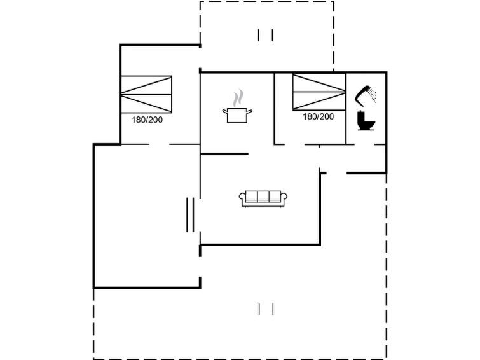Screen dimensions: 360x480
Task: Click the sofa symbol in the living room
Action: click(x=263, y=198)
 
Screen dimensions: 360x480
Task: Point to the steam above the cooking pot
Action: click(x=238, y=98)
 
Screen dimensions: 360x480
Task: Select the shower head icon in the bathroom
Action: click(x=364, y=94)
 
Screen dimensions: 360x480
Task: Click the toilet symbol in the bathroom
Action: click(x=366, y=121)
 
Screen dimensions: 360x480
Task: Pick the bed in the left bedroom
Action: click(x=146, y=94)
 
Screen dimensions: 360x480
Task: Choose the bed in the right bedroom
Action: click(x=319, y=92)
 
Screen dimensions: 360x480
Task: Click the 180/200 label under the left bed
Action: click(x=147, y=120)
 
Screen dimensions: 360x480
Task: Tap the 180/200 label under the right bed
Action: click(x=318, y=116)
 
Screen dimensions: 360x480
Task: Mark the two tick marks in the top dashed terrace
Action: click(x=266, y=35)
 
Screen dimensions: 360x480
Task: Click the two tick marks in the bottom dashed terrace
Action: click(x=266, y=309)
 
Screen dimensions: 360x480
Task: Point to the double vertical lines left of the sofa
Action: click(x=189, y=215)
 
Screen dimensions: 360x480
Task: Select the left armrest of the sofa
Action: click(x=242, y=198)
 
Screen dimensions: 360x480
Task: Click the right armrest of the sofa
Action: click(x=285, y=198)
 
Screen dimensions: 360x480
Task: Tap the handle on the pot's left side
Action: click(x=224, y=112)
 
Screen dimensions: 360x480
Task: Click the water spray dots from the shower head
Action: click(x=373, y=97)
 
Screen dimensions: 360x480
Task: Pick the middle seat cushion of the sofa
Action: click(x=263, y=198)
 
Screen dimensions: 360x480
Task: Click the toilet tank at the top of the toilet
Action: click(x=362, y=115)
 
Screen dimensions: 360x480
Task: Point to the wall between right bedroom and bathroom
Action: click(x=346, y=108)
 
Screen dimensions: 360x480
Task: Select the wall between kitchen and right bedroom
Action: click(x=275, y=108)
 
